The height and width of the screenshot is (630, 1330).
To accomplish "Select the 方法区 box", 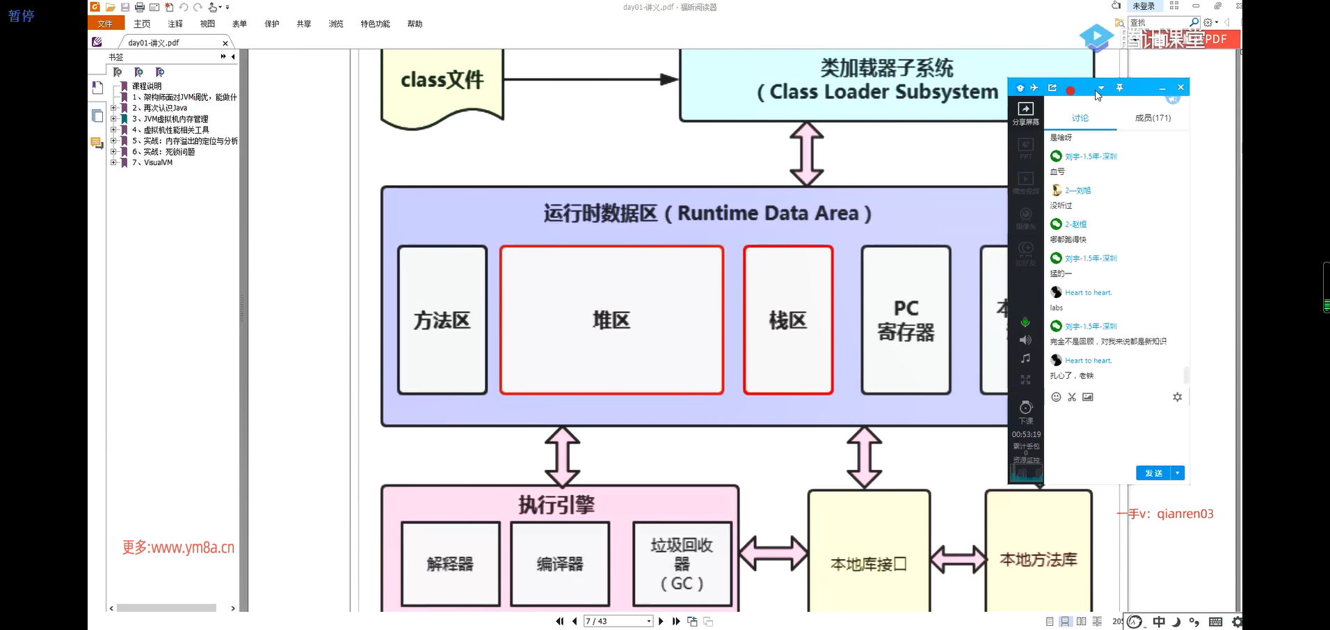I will (x=442, y=320).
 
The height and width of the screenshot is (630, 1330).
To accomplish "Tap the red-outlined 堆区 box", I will (x=611, y=320).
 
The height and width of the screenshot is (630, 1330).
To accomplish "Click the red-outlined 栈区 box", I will (x=788, y=320).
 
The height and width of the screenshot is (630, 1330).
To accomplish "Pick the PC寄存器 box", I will (x=906, y=320).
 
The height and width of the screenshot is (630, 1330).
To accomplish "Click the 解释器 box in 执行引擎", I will (x=451, y=564).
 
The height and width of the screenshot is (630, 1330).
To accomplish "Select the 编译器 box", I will (x=560, y=564).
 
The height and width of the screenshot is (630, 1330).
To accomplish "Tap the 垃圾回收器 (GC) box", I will (x=682, y=564).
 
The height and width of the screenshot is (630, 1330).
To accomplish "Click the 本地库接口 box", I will (x=869, y=557).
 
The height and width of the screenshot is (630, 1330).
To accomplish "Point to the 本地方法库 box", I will (x=1038, y=557).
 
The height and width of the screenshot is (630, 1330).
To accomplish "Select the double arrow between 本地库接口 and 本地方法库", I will (x=958, y=559).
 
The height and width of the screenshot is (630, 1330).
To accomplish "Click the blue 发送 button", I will (x=1153, y=473).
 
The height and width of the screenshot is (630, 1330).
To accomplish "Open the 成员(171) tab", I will (x=1153, y=118).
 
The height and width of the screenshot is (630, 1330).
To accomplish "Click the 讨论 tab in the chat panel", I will (x=1080, y=118).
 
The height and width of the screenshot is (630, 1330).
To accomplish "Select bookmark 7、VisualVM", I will (x=158, y=163).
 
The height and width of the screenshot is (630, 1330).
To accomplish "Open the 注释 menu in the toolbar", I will (x=175, y=24).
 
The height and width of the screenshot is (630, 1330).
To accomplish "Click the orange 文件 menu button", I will (x=106, y=24).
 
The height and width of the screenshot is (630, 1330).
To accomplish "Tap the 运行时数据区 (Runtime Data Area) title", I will (x=707, y=213).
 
